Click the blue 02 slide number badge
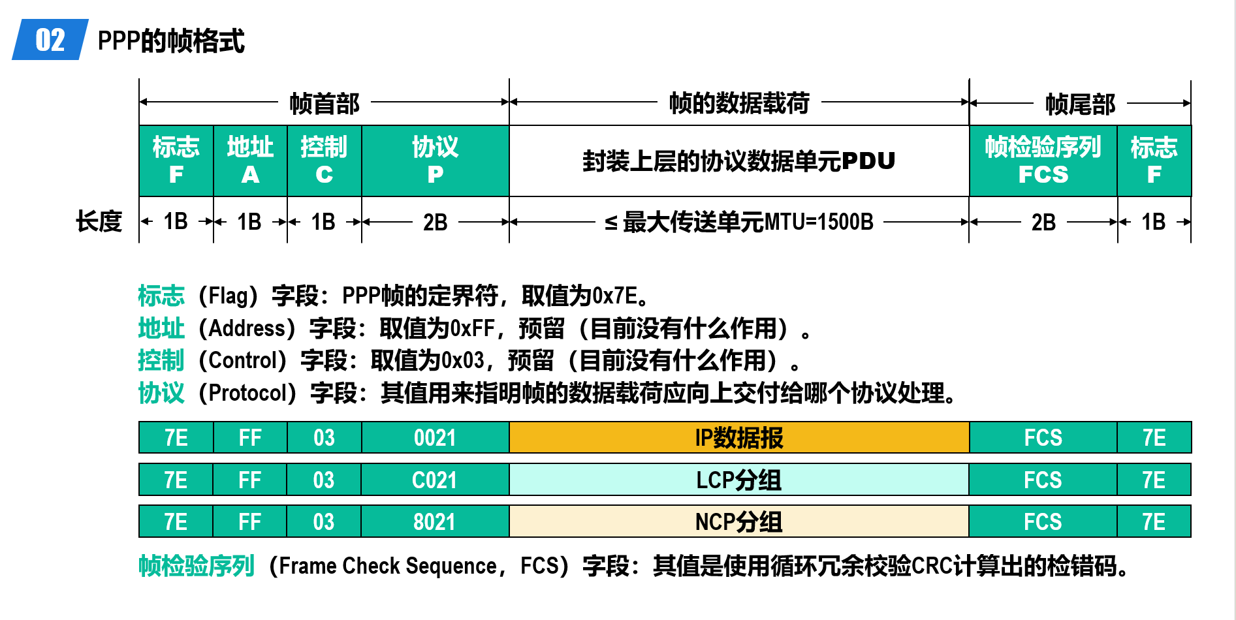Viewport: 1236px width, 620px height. click(50, 40)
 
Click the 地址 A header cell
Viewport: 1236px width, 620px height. click(250, 161)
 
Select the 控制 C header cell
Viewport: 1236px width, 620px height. click(325, 161)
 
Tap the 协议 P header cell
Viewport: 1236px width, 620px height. click(436, 161)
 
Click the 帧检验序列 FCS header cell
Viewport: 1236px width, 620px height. click(1043, 161)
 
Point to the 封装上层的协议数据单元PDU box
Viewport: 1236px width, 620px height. click(739, 161)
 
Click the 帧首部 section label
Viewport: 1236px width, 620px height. click(325, 103)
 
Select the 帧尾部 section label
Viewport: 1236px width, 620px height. click(1081, 104)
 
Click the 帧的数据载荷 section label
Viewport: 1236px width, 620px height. click(739, 103)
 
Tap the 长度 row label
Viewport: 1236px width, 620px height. click(99, 221)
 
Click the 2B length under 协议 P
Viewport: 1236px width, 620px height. click(435, 223)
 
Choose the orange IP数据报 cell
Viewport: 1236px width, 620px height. click(739, 437)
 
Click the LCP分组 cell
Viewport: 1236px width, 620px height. click(738, 480)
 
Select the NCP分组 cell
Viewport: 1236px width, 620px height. click(738, 521)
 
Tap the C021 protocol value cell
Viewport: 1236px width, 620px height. click(435, 480)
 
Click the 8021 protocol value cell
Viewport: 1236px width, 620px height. click(435, 521)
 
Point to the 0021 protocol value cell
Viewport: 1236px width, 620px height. click(435, 437)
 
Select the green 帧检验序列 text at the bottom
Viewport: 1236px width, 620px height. click(196, 566)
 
